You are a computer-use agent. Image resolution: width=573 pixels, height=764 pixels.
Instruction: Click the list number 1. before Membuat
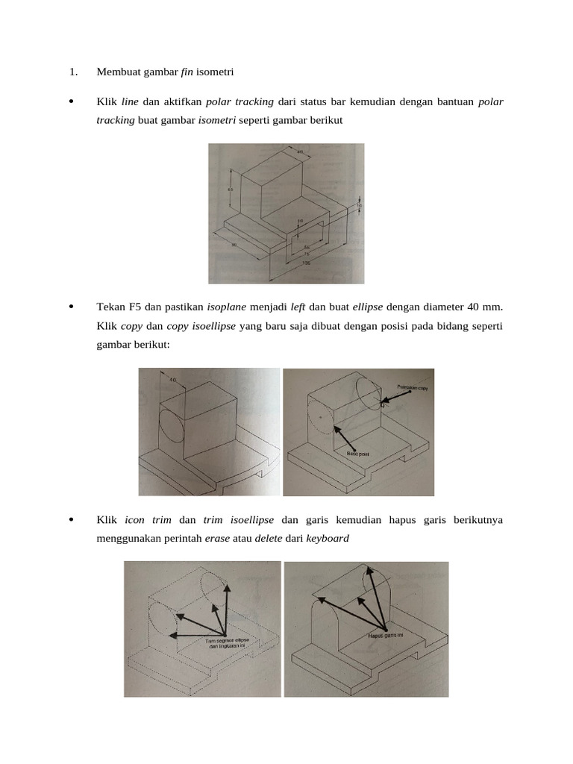72,72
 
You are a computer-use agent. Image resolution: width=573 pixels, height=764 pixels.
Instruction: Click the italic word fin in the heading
187,72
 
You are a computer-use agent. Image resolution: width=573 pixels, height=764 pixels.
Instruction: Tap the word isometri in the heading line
215,72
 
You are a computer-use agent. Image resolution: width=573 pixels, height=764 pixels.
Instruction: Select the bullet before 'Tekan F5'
71,307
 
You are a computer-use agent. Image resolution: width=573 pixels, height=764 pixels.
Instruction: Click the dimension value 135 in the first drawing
306,263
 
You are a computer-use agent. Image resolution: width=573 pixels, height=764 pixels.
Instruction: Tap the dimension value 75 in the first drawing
306,254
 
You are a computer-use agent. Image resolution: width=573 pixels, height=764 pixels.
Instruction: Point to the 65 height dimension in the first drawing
231,189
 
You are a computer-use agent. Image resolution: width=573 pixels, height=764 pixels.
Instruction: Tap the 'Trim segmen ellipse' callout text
227,641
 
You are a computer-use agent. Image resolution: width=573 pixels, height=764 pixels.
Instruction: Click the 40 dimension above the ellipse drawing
173,380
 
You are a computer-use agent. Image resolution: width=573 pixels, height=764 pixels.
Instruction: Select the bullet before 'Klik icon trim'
71,519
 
